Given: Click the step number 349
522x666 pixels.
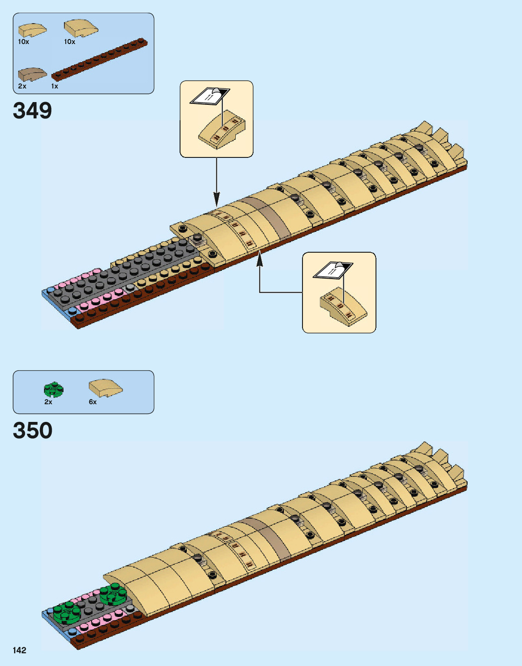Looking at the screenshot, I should [x=33, y=111].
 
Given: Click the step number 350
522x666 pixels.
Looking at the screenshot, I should [x=33, y=431].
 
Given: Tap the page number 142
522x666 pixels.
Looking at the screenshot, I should [x=20, y=650].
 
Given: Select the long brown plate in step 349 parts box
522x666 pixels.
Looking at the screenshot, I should [x=100, y=59].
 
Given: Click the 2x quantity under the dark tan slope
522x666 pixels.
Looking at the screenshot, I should [x=22, y=86].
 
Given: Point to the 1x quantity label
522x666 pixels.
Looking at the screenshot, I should [x=54, y=86].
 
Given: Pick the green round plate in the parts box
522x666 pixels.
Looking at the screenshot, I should [x=54, y=389].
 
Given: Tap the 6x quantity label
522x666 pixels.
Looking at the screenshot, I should [x=93, y=402].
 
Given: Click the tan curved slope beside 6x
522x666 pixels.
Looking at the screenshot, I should [x=106, y=388].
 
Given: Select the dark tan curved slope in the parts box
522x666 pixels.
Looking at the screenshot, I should [x=32, y=74].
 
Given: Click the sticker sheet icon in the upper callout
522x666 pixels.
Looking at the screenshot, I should [x=210, y=96].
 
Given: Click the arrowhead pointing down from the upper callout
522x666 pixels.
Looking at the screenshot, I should [x=217, y=200].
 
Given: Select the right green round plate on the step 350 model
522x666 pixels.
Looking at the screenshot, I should [x=113, y=594].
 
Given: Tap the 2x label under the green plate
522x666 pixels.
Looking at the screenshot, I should [x=48, y=402].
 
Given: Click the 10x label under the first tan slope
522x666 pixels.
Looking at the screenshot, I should [x=24, y=42].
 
